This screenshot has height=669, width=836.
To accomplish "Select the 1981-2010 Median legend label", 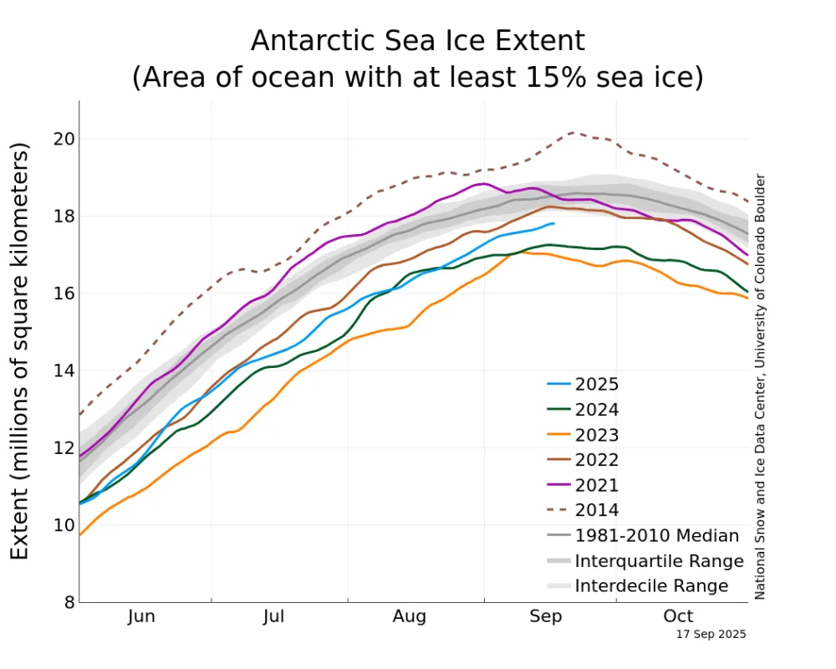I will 657,535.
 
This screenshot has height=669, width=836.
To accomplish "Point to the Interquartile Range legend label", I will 659,560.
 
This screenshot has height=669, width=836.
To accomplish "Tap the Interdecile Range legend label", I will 651,585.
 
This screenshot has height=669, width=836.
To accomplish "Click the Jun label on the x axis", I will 141,617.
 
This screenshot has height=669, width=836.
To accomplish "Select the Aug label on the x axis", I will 410,617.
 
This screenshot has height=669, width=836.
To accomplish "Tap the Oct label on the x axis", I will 678,617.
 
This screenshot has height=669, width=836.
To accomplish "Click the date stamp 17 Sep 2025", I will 711,635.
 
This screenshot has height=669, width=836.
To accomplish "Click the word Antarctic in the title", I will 314,41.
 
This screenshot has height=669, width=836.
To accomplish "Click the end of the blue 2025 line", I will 553,223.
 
